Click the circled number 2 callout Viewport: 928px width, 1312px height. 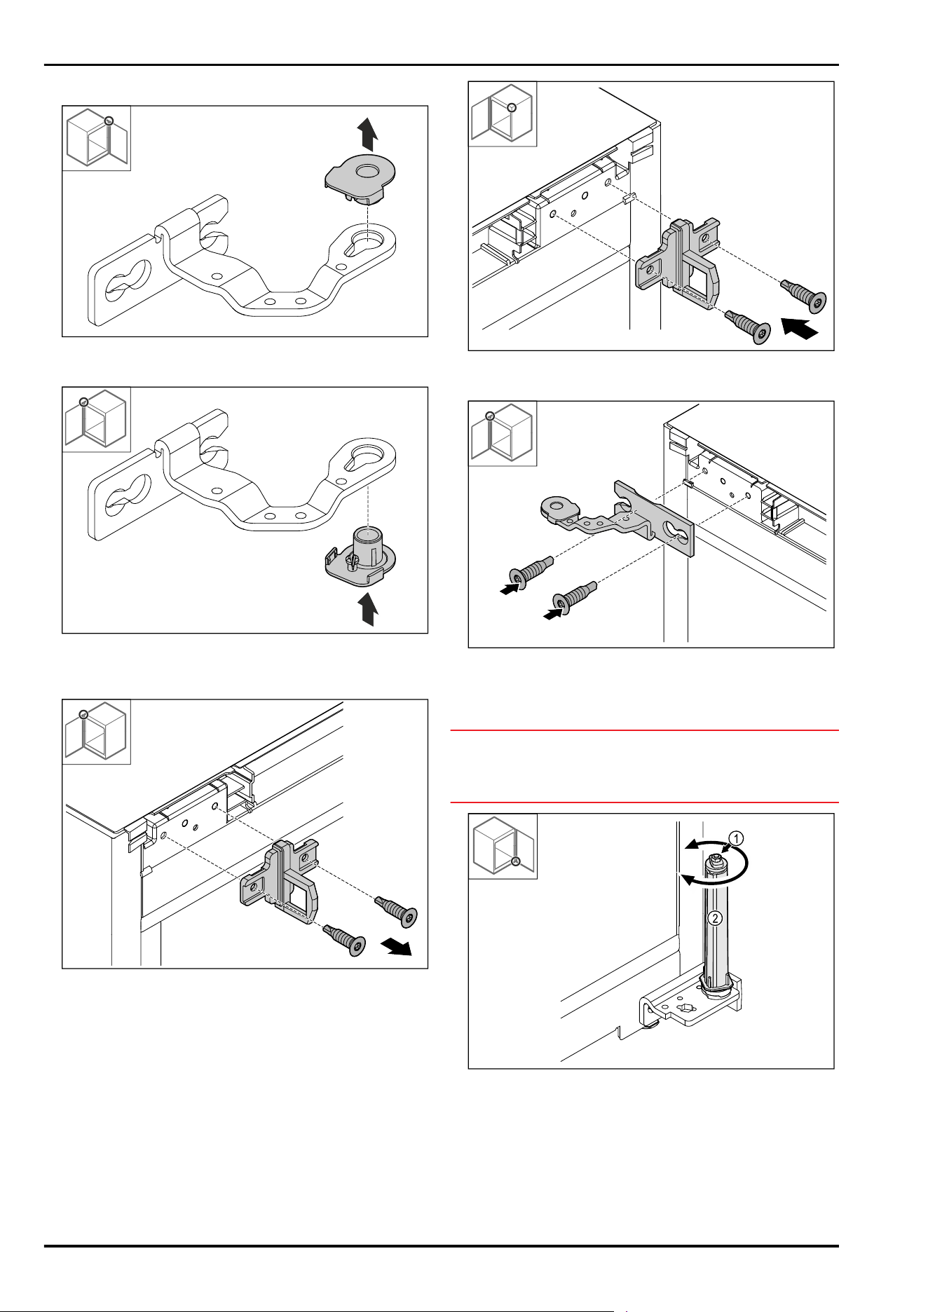(715, 918)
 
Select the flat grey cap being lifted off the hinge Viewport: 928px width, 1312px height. (360, 179)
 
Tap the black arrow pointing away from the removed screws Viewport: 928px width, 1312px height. (396, 948)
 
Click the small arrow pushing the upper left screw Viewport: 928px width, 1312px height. (510, 589)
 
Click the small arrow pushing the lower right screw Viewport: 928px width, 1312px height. (554, 614)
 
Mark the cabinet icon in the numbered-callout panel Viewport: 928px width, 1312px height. (503, 846)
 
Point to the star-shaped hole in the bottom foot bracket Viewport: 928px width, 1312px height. (684, 1009)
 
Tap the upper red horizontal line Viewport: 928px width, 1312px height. (644, 730)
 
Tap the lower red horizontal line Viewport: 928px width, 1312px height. (644, 802)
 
